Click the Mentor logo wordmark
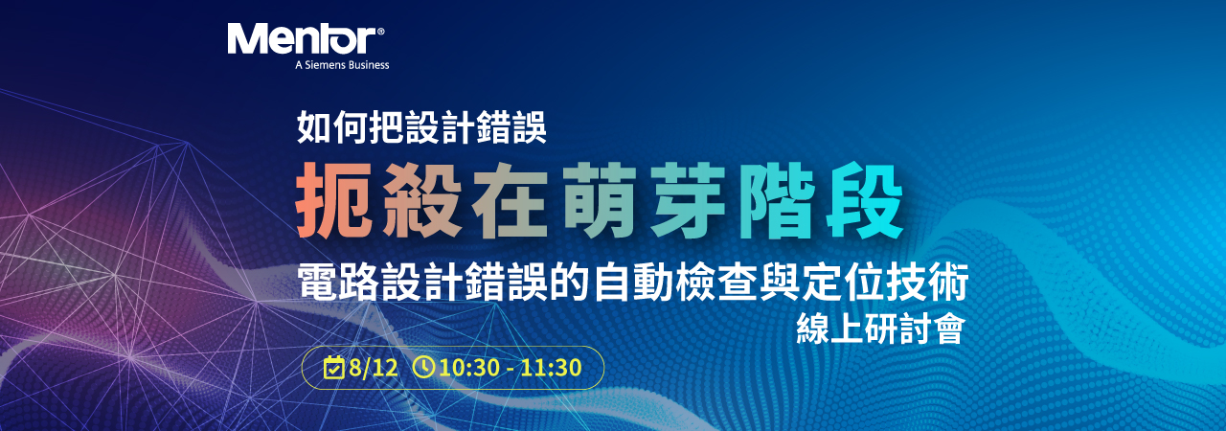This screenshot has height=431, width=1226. click(302, 39)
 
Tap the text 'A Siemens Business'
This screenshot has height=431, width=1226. click(342, 65)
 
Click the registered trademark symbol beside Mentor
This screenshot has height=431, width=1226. click(381, 32)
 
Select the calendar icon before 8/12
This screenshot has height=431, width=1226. click(333, 367)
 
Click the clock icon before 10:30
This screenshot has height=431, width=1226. click(423, 367)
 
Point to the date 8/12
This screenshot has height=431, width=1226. click(374, 368)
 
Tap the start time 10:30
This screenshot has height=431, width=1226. click(469, 368)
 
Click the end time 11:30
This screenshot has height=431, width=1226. click(551, 368)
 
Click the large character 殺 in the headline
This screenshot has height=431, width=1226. click(421, 200)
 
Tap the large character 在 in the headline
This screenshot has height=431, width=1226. click(511, 200)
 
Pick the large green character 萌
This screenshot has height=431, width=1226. click(600, 200)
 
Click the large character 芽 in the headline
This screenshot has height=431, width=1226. click(688, 200)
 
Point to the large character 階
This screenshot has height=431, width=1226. click(777, 200)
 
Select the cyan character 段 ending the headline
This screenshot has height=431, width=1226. click(865, 200)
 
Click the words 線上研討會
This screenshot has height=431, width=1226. click(880, 329)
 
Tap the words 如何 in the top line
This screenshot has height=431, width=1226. click(331, 127)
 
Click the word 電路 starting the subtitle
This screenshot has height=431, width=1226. click(338, 282)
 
